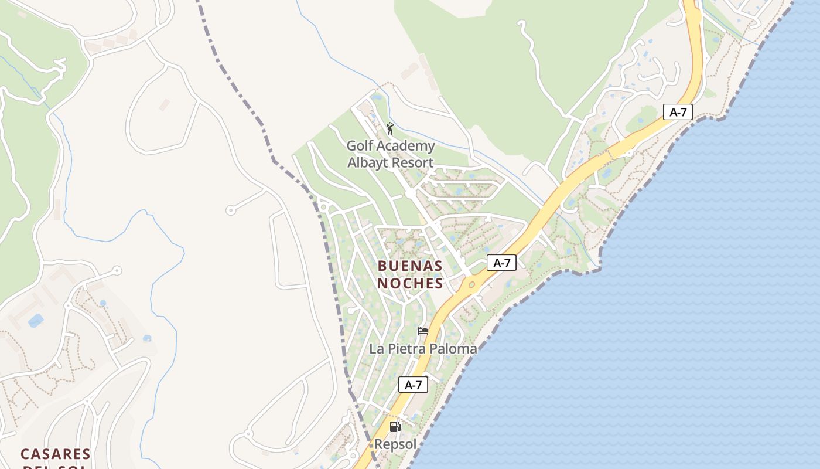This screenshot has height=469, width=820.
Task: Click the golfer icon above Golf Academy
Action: (390, 128)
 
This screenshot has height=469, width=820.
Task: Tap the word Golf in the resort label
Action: (359, 146)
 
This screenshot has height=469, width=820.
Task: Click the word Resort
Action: (413, 162)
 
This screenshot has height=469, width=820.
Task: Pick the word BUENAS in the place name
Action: (410, 266)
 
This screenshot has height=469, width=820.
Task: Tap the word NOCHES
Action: (410, 283)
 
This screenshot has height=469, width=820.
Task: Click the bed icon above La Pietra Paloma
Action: (422, 331)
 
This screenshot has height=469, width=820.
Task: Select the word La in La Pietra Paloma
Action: (376, 349)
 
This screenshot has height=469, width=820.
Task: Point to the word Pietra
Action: (406, 349)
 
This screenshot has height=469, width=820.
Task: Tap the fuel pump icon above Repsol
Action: (395, 427)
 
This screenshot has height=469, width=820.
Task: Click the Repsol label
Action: (395, 444)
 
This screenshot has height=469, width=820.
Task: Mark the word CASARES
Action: (56, 454)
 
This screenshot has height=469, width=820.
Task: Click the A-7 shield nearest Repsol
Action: (414, 385)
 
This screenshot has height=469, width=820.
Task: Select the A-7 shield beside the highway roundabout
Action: (501, 263)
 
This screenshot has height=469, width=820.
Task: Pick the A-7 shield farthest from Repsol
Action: (678, 112)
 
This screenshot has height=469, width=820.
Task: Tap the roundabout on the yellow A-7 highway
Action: (470, 284)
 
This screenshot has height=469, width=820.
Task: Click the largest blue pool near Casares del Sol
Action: (36, 321)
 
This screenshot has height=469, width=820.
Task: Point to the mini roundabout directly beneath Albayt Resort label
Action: (410, 192)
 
